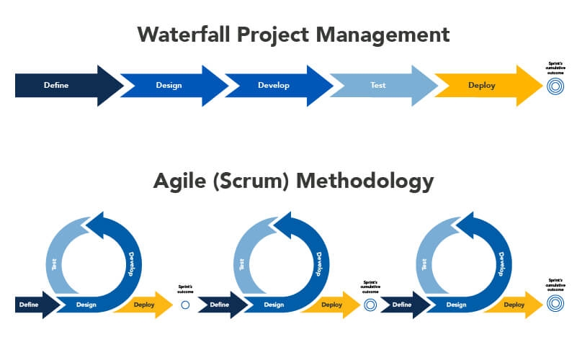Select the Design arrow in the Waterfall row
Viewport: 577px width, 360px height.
point(169,86)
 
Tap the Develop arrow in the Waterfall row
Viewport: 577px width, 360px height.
point(274,86)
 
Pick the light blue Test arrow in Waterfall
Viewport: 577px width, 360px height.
point(379,86)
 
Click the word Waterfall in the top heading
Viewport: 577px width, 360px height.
point(185,34)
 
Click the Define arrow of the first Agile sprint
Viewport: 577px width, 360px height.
point(30,305)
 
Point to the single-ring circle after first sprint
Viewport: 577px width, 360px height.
point(185,305)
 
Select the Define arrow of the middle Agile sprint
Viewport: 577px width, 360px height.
point(218,305)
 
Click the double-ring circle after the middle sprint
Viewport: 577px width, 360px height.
point(370,305)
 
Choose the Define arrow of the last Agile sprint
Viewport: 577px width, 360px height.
point(399,305)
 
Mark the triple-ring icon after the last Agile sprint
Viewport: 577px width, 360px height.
point(555,305)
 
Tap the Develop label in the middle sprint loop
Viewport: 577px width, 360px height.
point(317,262)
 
